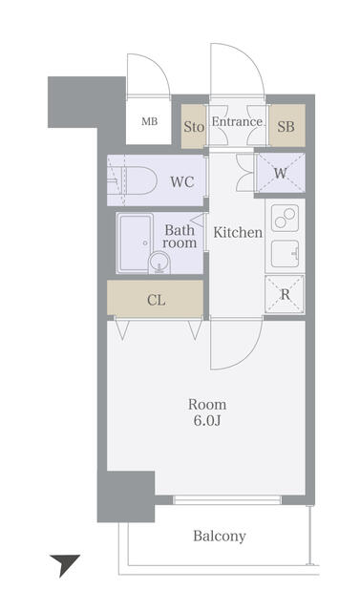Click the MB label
150,121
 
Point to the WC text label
182,181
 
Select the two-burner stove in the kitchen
284,219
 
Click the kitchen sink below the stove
284,254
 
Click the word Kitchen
237,232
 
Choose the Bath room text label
180,237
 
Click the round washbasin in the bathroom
156,263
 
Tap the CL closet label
156,300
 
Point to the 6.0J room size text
207,421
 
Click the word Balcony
220,537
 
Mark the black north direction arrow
64,564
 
